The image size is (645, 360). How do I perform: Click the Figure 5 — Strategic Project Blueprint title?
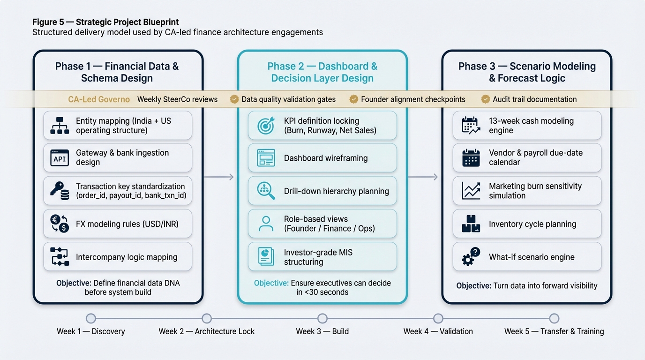tap(105, 22)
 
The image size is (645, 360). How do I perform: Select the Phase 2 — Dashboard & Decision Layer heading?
tap(322, 72)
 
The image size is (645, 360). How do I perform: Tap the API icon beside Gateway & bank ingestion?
tap(60, 158)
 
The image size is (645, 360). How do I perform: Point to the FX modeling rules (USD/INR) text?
tap(127, 224)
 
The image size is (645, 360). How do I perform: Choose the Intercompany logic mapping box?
tap(118, 257)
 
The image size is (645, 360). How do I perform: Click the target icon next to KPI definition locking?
tap(266, 126)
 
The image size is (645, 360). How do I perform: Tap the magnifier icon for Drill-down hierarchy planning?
tap(266, 191)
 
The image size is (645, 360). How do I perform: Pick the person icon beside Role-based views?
tap(266, 224)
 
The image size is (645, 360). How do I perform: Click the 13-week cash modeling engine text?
tap(531, 126)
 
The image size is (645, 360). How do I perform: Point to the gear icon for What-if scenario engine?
tap(471, 257)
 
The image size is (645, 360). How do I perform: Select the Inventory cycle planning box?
tap(527, 224)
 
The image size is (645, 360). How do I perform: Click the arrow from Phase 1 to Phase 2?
tap(219, 177)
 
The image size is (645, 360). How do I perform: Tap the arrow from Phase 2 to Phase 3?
tap(423, 177)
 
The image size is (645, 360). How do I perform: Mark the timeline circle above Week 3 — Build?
tap(322, 319)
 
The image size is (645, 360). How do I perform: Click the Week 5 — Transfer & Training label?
tap(554, 331)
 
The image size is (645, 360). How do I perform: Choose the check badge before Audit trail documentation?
tap(486, 99)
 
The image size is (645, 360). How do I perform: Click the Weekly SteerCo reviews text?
tap(177, 99)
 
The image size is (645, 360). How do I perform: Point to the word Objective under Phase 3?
tap(473, 286)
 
